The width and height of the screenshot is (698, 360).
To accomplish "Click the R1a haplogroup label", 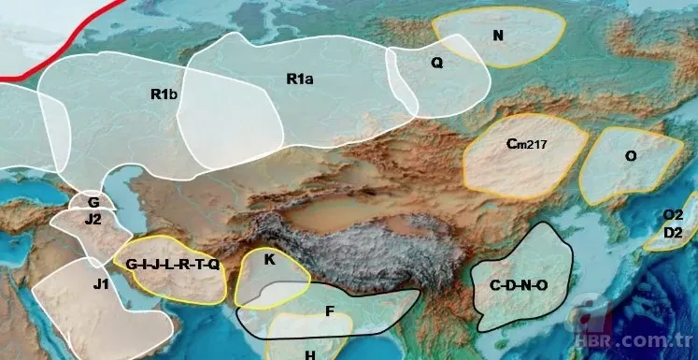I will [x=299, y=79].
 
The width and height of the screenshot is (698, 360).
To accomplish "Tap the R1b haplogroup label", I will [x=164, y=94].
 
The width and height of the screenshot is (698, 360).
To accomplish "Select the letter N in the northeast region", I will [x=498, y=36].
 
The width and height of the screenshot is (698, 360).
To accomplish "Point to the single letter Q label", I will [x=436, y=64].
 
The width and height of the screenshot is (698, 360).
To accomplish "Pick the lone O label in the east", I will [x=631, y=156].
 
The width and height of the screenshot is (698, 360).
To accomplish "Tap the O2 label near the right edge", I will [x=673, y=215].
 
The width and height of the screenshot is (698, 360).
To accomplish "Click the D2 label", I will [x=673, y=231].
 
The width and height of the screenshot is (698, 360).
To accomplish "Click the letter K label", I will [x=269, y=260].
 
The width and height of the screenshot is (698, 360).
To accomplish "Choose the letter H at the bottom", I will [x=309, y=354].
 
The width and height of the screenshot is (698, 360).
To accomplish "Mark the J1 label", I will [x=100, y=284].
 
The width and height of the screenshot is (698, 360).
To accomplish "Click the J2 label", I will [x=93, y=220].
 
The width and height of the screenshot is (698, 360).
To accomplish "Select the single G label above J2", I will [x=93, y=202].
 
